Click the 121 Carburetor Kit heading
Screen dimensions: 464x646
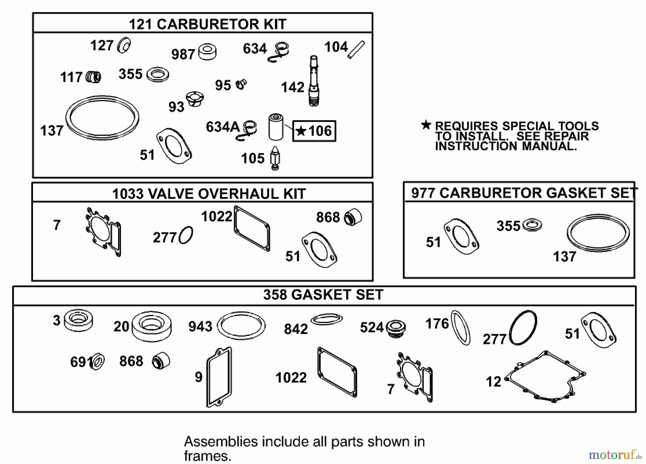[207, 24]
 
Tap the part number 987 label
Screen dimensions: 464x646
[183, 54]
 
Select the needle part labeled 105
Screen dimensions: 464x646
[275, 158]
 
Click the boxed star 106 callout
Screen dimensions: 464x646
[314, 131]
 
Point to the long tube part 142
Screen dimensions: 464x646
[313, 81]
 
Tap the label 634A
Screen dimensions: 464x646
[222, 127]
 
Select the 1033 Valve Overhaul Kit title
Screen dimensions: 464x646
[209, 194]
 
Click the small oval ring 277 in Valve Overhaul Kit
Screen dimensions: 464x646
[186, 235]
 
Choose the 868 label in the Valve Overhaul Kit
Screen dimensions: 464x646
[328, 217]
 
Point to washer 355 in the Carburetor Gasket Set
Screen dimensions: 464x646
[532, 225]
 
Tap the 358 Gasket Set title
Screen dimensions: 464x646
[323, 295]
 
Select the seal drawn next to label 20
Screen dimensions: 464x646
[151, 326]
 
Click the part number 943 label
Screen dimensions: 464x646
[200, 326]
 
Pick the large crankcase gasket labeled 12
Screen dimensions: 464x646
[545, 376]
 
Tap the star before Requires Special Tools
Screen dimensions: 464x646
[426, 125]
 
